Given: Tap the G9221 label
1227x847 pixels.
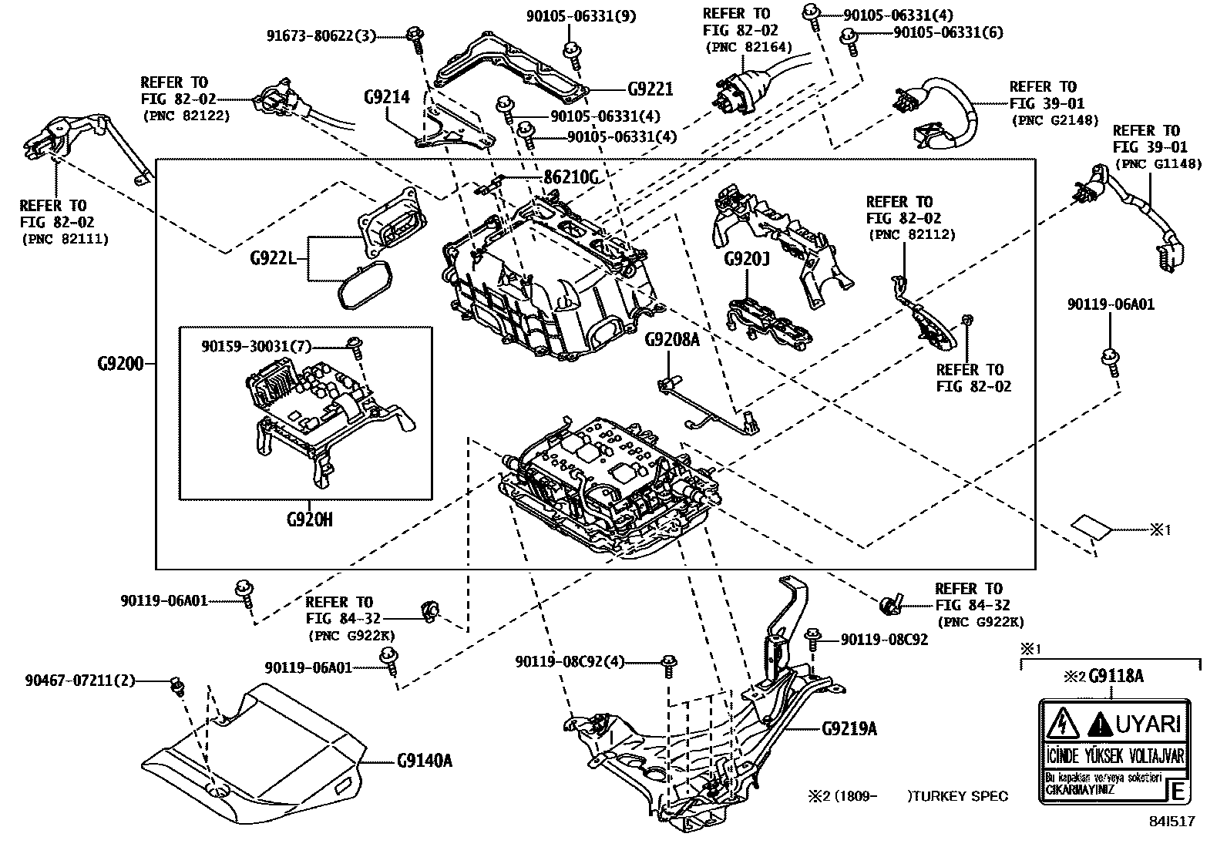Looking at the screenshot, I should coord(650,89).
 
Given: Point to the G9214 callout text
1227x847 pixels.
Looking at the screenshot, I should coord(386,97).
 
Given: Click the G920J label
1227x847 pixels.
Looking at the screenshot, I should coord(746,259).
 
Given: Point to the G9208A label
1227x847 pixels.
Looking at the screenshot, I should coord(671,338).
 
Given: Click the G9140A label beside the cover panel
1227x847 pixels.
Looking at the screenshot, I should coord(425,761).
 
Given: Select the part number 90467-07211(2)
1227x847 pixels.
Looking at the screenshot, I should coord(79,681).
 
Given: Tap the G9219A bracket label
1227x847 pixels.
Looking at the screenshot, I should coord(849,728).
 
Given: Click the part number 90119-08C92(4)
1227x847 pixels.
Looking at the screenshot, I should coord(570,661).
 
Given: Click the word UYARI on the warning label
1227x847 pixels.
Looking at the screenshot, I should coord(1148,724).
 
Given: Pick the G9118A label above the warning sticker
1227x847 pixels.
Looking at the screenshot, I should coord(1115,677).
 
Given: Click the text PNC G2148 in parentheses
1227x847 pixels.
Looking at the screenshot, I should coord(1054,119).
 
